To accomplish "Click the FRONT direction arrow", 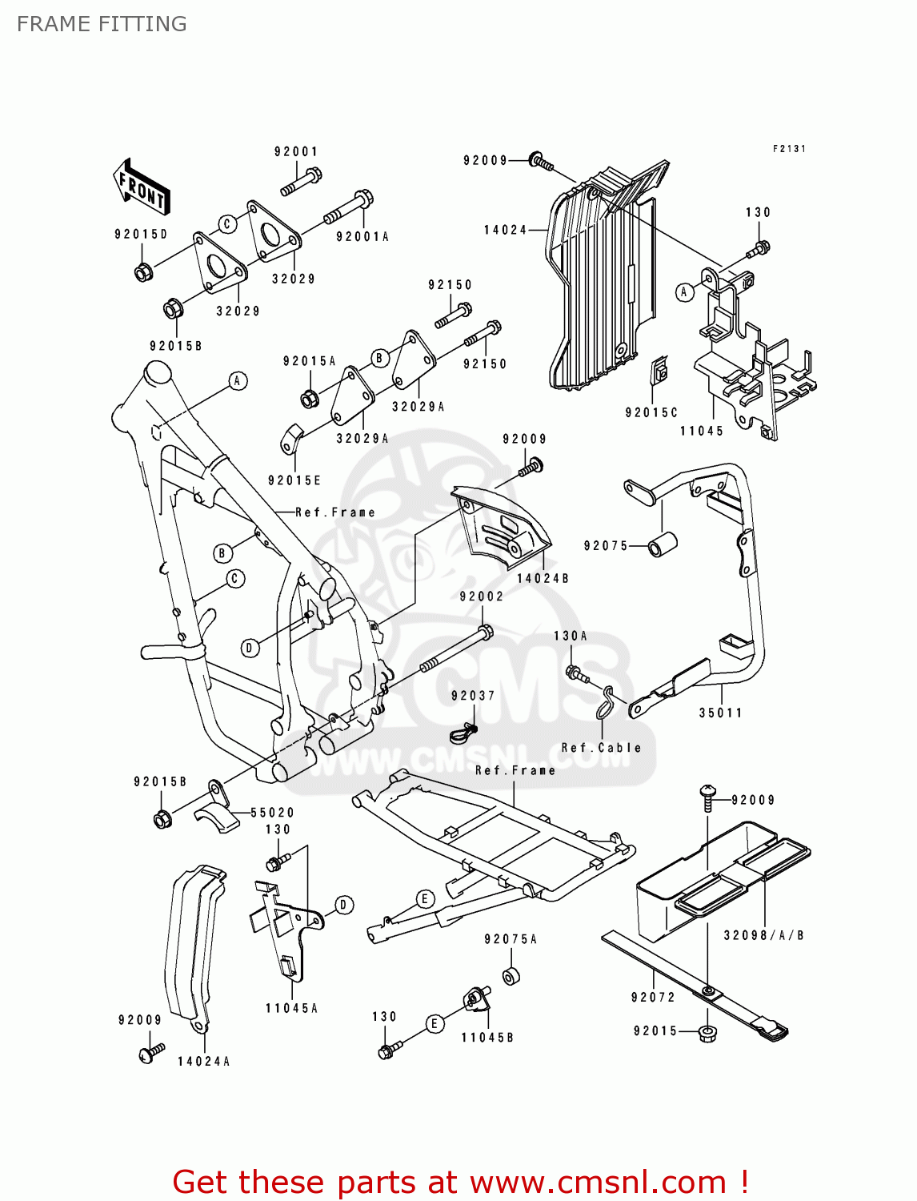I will click(x=142, y=188).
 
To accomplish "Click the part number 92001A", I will click(x=362, y=237).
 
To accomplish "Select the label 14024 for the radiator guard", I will click(x=505, y=231).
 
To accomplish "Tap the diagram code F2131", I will click(x=789, y=149).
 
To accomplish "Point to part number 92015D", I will click(x=141, y=235).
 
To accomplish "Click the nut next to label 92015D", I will click(x=142, y=272).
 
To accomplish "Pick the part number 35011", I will click(x=720, y=713).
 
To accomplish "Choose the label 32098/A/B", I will click(x=763, y=935).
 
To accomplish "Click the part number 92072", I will click(x=653, y=997).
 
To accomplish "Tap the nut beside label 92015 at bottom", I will click(x=707, y=1033).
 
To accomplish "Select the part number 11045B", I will click(x=487, y=1038).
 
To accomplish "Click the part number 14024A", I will click(x=203, y=1062).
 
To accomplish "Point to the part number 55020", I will click(x=272, y=813).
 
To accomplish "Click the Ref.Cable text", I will click(x=601, y=748).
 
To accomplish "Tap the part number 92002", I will click(x=481, y=596).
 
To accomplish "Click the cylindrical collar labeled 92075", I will click(x=663, y=544).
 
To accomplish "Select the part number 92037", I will click(x=472, y=696).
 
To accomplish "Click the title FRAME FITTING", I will click(x=102, y=24).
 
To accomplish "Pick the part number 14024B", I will click(x=543, y=578).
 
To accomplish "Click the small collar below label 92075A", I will click(x=511, y=977).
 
